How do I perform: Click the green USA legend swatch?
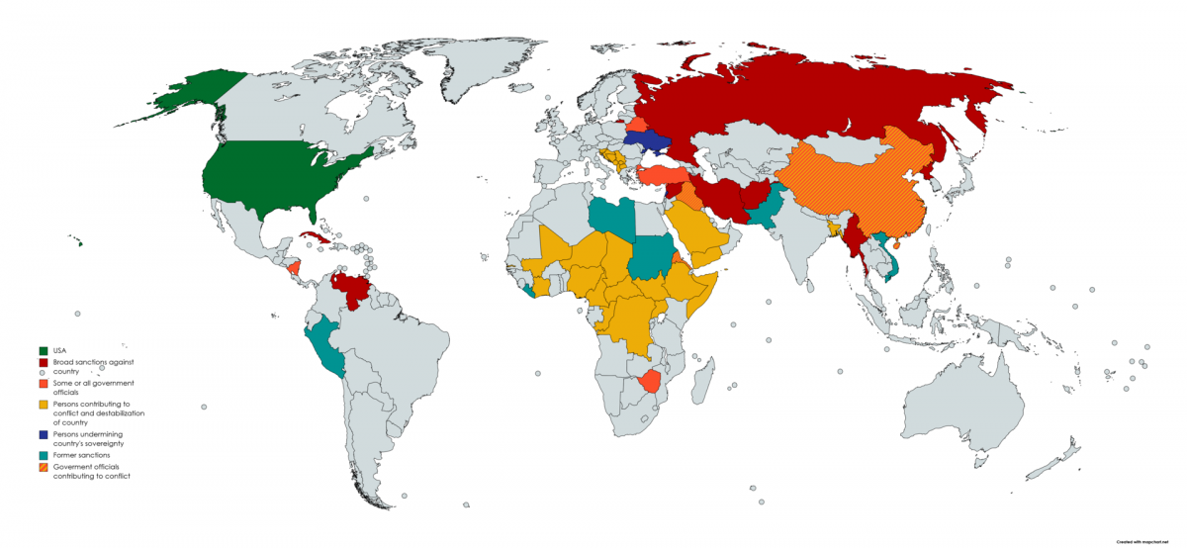[43, 350]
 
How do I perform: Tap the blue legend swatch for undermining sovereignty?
[43, 434]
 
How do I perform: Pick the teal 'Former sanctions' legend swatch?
[43, 456]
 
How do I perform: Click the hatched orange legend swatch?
[43, 467]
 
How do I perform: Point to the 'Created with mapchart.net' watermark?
[1146, 542]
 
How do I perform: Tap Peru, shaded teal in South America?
[323, 346]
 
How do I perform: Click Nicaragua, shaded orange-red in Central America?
[294, 269]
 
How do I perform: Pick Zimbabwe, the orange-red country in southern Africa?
[650, 380]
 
